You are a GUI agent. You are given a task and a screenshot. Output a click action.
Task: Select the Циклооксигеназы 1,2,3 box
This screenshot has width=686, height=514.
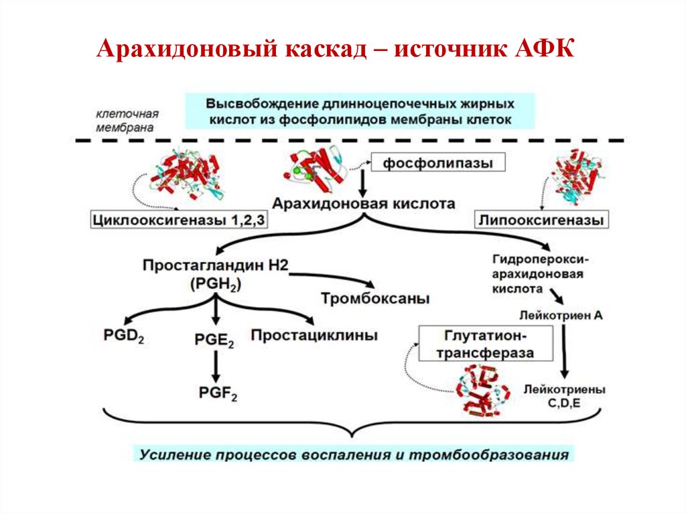(179, 219)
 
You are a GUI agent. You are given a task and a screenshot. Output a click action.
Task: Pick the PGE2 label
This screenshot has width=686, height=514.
(214, 341)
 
